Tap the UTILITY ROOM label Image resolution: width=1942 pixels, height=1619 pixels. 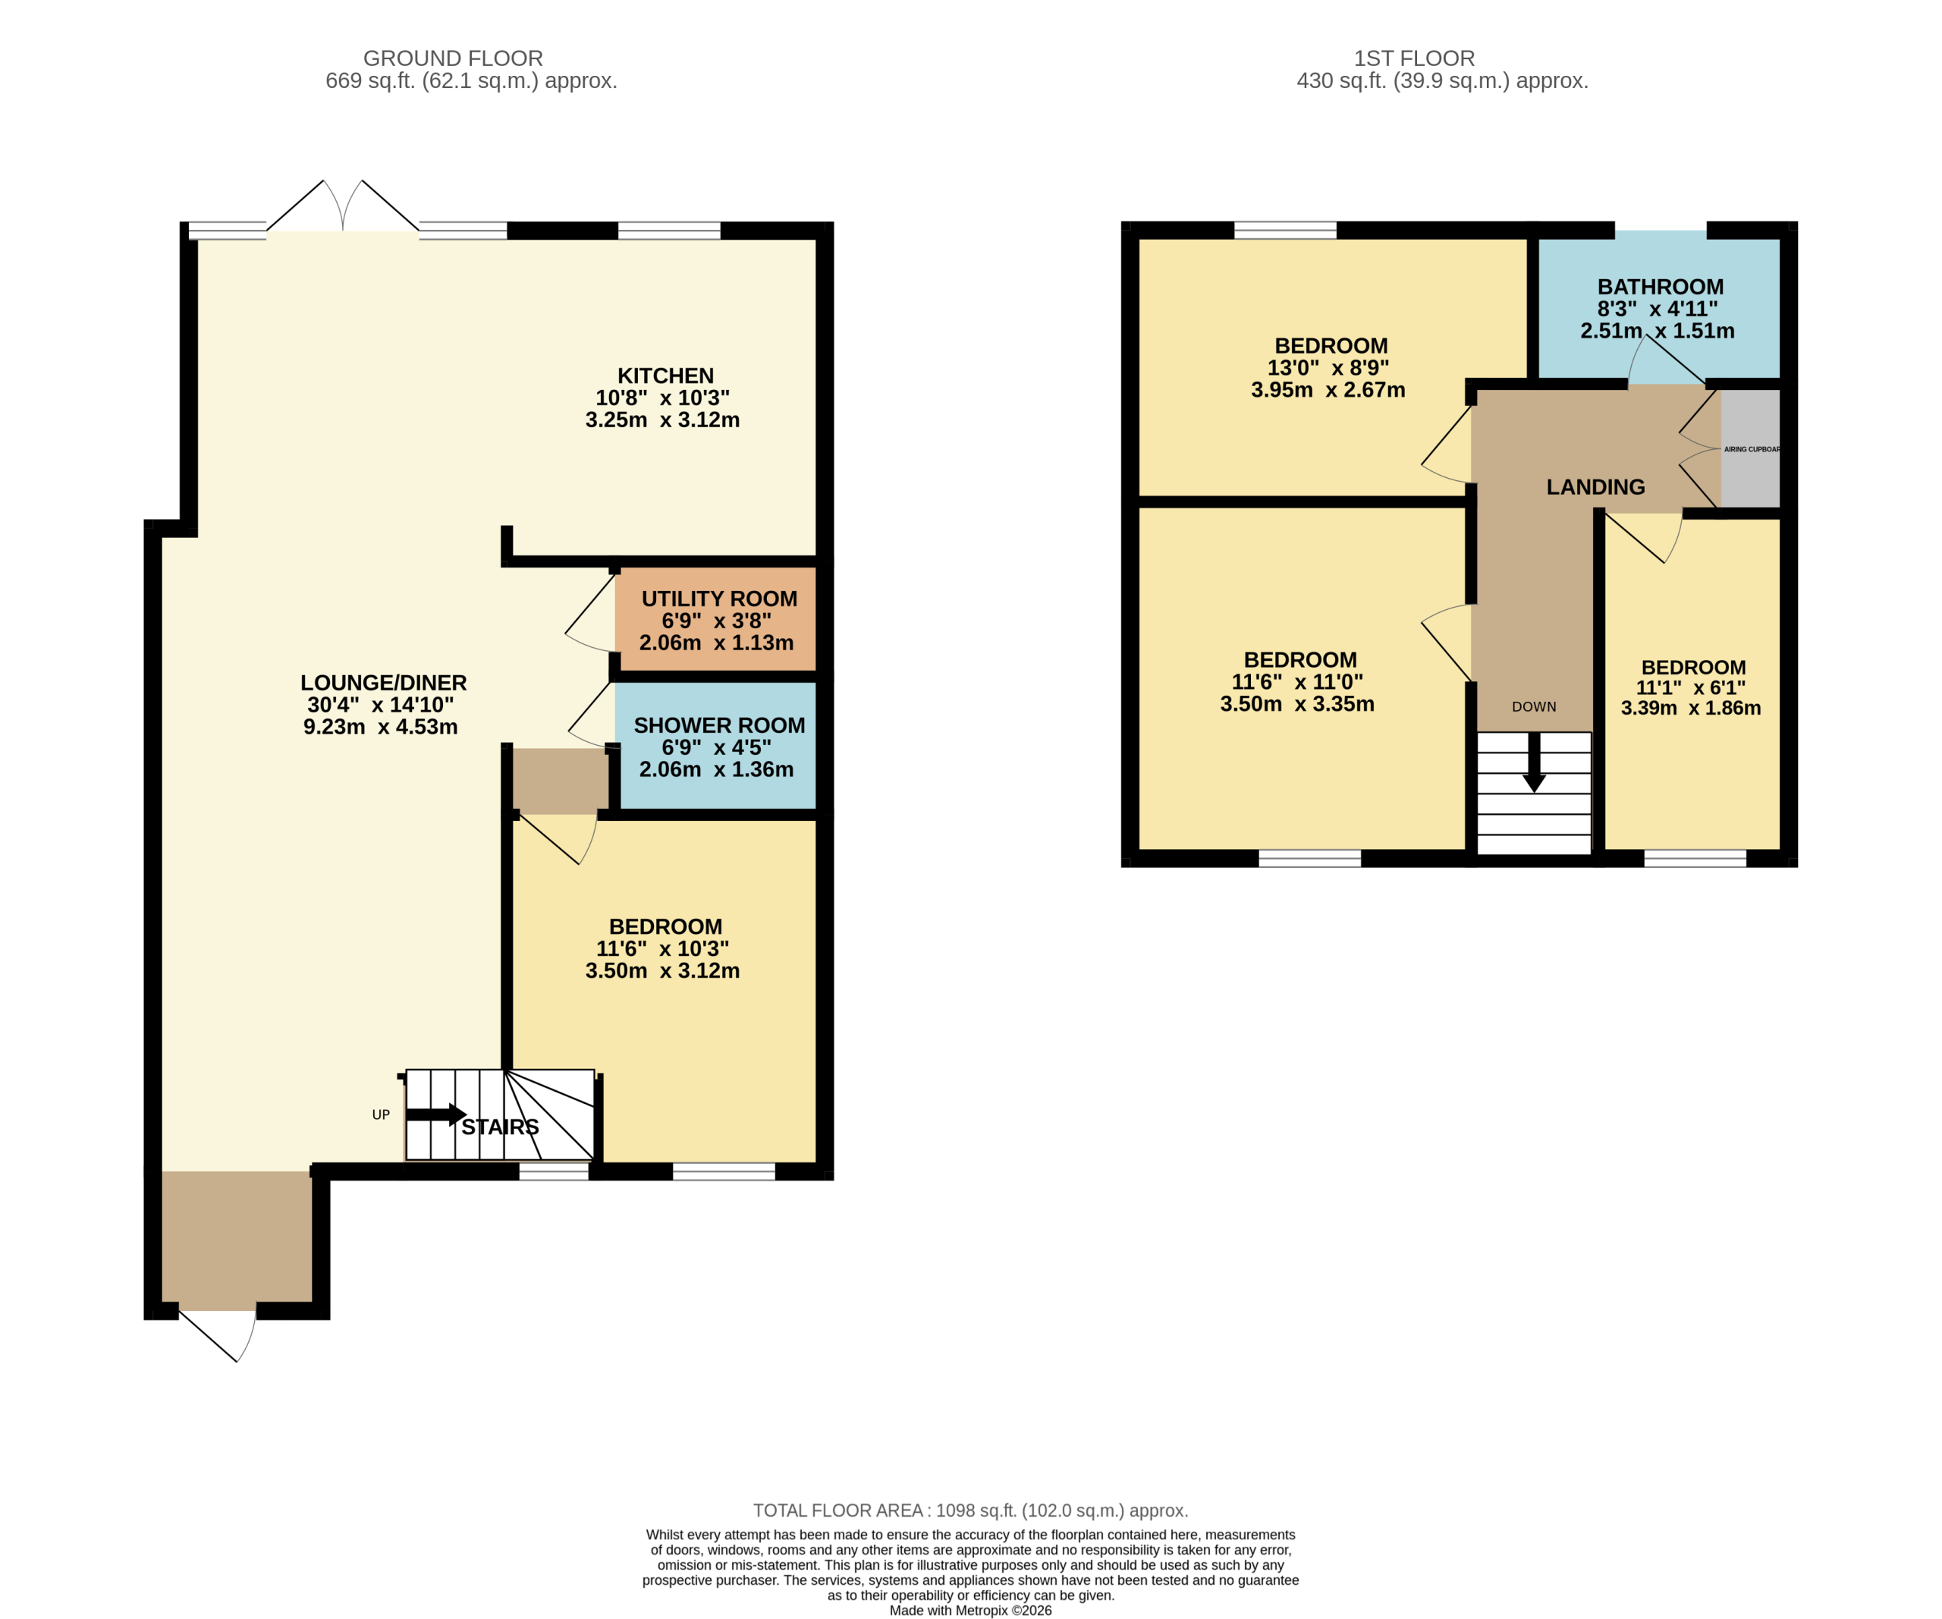718,599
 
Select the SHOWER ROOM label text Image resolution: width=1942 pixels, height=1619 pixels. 718,726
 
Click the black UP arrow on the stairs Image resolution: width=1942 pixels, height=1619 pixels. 435,1115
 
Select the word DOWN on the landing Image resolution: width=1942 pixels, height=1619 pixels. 1534,706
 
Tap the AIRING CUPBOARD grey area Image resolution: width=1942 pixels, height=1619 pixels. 1749,449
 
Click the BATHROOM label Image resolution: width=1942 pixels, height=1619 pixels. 1660,288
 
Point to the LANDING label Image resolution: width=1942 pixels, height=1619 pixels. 1595,487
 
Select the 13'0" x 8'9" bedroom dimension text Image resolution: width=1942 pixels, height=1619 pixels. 1328,368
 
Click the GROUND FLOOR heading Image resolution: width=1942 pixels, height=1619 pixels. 452,58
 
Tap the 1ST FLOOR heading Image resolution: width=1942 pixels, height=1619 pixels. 1414,58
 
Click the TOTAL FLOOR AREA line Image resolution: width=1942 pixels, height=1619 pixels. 970,1511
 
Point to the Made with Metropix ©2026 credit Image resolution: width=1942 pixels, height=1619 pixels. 970,1611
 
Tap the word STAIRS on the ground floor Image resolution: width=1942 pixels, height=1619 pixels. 501,1127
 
